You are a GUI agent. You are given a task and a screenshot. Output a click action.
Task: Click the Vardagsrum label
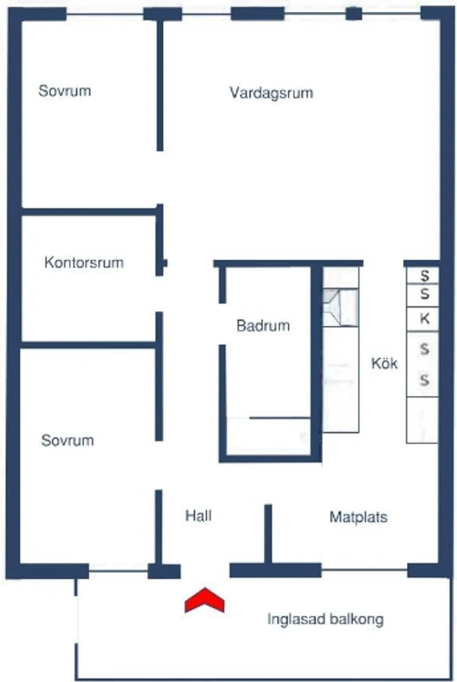271,93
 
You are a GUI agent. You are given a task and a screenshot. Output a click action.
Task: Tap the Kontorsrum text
84,262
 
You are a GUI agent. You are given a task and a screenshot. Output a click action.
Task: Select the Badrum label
263,325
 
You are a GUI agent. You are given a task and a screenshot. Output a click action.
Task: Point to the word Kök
384,362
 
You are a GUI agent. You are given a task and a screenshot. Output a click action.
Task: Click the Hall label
198,515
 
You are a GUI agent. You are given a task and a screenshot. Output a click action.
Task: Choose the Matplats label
358,517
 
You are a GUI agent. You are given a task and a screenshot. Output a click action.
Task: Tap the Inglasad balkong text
325,619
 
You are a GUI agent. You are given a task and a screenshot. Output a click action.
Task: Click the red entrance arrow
205,600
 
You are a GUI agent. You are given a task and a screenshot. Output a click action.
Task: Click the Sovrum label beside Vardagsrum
64,90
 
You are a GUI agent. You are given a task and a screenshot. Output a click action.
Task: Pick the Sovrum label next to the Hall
68,440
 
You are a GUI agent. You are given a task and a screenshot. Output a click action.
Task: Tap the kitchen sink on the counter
340,308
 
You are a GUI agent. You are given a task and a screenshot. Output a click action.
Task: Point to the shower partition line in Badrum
280,418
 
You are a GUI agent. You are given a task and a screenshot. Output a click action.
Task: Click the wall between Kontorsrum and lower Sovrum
88,345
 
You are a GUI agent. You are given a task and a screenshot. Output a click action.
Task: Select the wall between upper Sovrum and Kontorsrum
89,212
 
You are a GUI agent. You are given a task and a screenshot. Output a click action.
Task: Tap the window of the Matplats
364,570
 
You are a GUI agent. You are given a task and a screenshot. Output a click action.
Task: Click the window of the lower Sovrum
118,571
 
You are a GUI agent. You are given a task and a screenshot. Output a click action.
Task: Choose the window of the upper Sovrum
105,14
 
